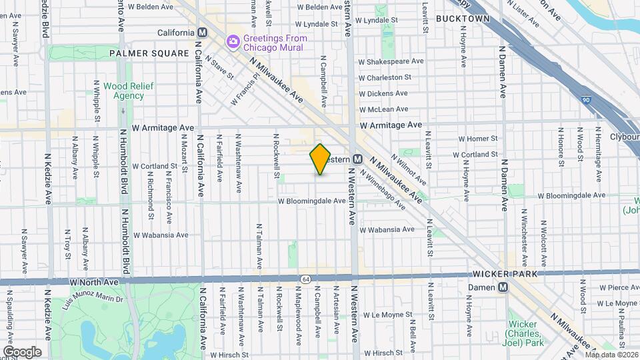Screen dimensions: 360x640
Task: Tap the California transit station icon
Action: tap(203, 33)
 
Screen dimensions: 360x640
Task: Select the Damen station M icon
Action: tap(503, 287)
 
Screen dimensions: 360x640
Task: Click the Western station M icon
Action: tap(357, 159)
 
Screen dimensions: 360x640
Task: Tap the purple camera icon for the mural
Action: tap(233, 42)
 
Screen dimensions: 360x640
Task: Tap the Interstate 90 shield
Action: tap(585, 99)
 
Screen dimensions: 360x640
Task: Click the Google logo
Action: tap(21, 351)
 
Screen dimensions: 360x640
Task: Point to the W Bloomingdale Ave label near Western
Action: tap(312, 201)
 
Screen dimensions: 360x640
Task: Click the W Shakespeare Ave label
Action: tap(391, 61)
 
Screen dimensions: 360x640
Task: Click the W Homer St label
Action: tap(478, 139)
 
